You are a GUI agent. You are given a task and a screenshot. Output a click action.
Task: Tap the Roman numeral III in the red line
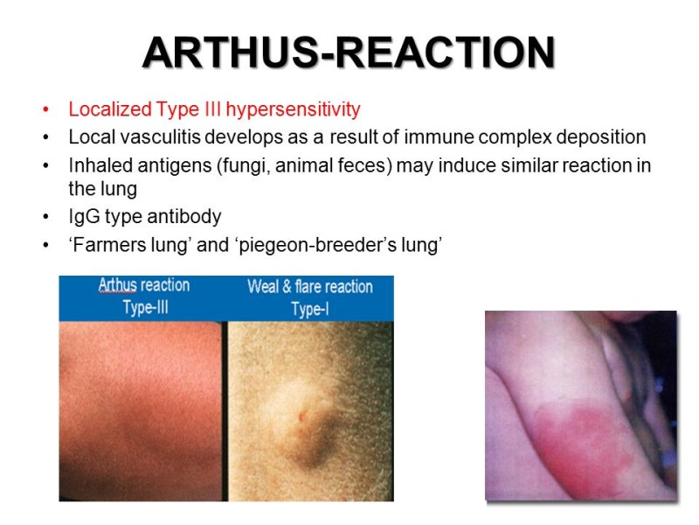pyautogui.click(x=212, y=108)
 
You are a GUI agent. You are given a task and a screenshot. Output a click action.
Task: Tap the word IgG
pyautogui.click(x=84, y=217)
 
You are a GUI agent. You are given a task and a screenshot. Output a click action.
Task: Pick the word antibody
pyautogui.click(x=184, y=217)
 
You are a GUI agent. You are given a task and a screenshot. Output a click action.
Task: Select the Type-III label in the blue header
pyautogui.click(x=146, y=308)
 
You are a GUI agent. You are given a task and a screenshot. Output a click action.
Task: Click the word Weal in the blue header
pyautogui.click(x=263, y=287)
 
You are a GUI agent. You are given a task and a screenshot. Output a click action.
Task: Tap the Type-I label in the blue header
pyautogui.click(x=310, y=309)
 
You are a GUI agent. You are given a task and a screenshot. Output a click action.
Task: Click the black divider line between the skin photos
pyautogui.click(x=225, y=410)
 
